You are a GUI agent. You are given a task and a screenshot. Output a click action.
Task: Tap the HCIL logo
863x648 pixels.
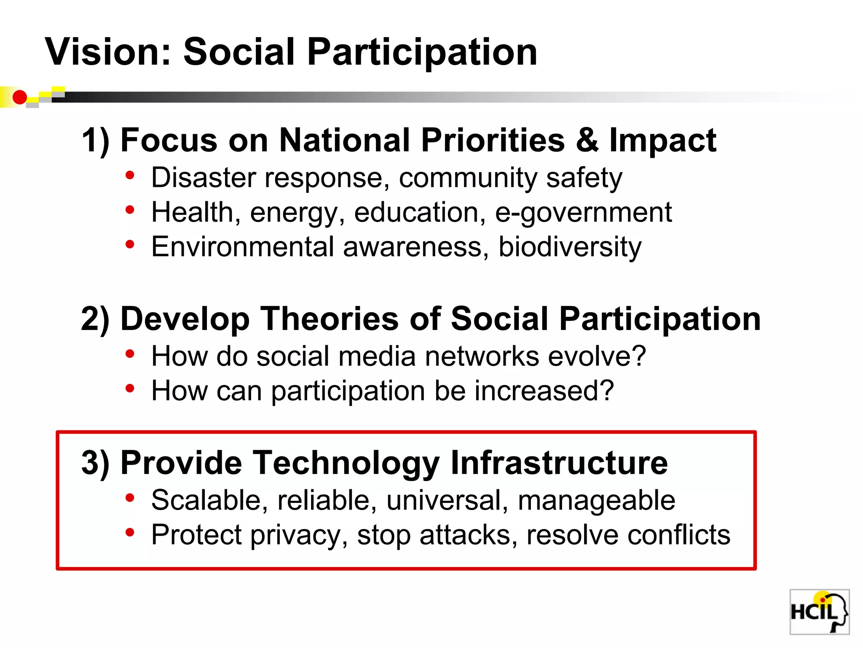point(819,612)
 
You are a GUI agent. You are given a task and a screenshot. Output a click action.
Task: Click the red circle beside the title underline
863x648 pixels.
point(19,97)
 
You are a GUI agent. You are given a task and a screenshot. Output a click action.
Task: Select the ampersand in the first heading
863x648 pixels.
point(587,140)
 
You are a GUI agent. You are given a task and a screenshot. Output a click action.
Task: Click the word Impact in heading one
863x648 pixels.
point(662,141)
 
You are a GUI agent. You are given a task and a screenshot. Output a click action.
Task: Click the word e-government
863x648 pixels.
point(583,213)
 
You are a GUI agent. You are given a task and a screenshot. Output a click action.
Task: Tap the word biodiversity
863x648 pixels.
point(570,247)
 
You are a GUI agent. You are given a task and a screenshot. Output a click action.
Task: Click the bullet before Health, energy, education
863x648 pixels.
point(130,210)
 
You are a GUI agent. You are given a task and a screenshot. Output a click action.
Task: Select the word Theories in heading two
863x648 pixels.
point(329,319)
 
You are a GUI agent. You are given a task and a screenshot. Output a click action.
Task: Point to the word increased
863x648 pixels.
point(544,391)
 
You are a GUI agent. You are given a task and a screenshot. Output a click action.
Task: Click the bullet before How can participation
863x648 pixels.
point(130,389)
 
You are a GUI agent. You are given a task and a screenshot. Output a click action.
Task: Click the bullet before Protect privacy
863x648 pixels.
point(130,533)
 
